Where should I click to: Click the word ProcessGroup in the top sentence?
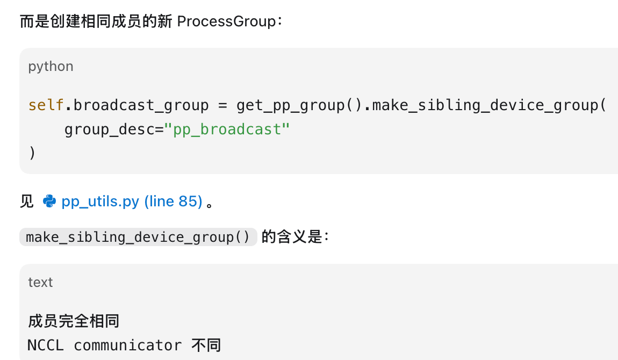tap(227, 21)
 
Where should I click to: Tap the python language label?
tap(51, 66)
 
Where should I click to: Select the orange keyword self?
tap(46, 105)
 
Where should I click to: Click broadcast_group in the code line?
tap(141, 105)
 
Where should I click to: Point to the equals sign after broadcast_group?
tap(222, 105)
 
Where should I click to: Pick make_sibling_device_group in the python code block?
tap(485, 105)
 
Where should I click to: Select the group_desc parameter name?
tap(110, 129)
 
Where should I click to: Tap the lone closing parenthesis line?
tap(32, 153)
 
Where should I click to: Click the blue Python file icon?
tap(49, 201)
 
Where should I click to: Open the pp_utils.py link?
tap(132, 201)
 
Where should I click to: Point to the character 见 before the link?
tap(27, 201)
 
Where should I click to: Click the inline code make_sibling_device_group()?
tap(138, 237)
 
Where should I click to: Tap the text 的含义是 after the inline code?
tap(292, 237)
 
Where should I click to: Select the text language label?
tap(40, 283)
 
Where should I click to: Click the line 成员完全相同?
tap(74, 321)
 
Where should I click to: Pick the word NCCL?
tap(46, 345)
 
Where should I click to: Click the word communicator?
tap(128, 345)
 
